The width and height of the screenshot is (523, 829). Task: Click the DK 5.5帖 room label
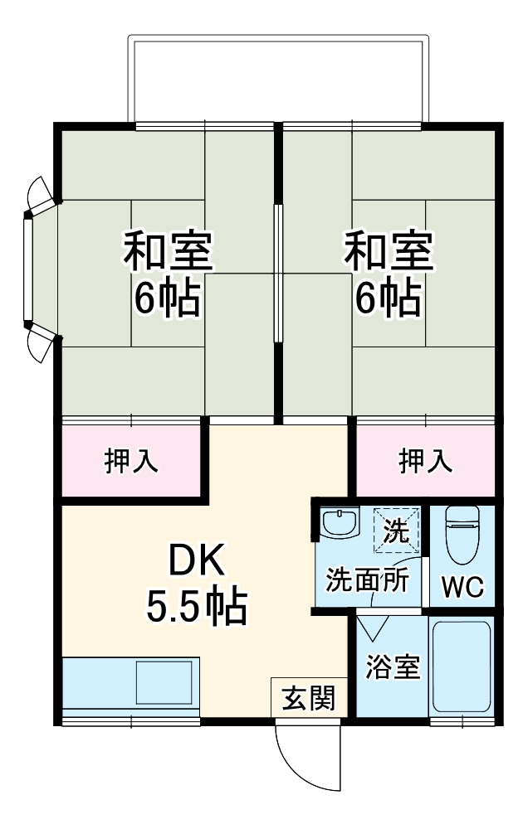197,585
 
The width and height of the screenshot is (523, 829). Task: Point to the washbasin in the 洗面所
338,523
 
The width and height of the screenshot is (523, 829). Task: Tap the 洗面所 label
367,579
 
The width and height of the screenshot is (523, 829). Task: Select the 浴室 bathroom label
392,667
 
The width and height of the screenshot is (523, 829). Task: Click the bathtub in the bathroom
462,667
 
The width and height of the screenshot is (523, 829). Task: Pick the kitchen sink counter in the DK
131,684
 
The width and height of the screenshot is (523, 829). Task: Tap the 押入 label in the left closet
132,461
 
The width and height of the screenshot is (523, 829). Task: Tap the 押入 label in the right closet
426,461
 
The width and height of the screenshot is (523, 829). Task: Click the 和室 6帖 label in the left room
169,274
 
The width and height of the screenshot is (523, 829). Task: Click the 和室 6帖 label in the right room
389,274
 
